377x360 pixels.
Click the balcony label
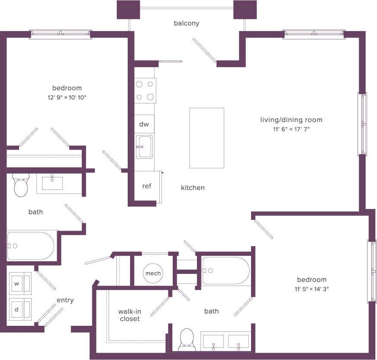tap(187, 23)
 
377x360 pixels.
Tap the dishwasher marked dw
tap(144, 125)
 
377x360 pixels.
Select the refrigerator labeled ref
tap(147, 186)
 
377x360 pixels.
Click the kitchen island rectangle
tap(206, 138)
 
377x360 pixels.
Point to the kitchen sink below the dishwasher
tap(144, 147)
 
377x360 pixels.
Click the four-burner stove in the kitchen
tap(145, 90)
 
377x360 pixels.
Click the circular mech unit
tap(153, 273)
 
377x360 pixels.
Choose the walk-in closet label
tap(129, 315)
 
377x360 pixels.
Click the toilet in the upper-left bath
tap(21, 185)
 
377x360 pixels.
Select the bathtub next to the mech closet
tap(226, 270)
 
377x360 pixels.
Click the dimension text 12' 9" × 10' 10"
tap(67, 97)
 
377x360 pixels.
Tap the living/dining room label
tap(291, 120)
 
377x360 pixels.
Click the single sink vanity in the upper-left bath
tap(52, 183)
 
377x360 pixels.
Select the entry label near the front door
tap(65, 300)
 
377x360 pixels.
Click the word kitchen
tap(193, 188)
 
